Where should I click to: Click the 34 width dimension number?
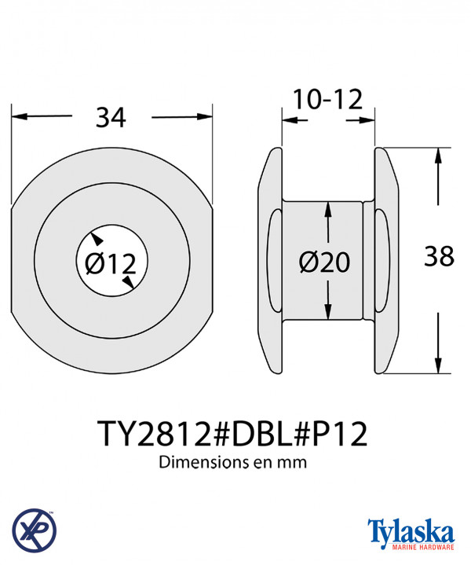point(111,117)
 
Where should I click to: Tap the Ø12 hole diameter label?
point(111,263)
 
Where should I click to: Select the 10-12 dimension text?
point(327,100)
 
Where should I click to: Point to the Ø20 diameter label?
point(324,262)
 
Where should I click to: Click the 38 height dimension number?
point(439,256)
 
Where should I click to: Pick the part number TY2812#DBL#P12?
point(234,434)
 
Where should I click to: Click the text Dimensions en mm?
point(233,462)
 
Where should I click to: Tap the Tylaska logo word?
point(411,532)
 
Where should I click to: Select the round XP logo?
point(35,530)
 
